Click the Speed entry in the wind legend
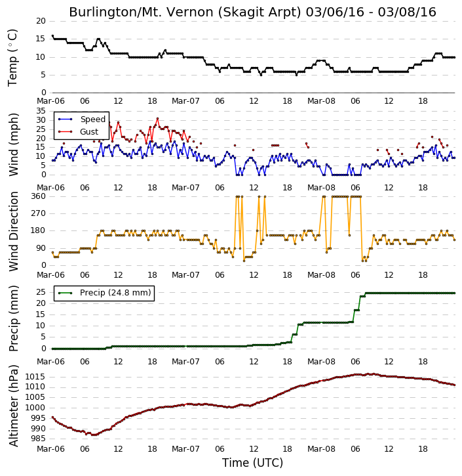[82, 119]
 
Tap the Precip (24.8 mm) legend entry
[104, 293]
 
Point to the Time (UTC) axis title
[252, 463]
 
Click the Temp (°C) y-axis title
[12, 58]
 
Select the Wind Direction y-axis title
[13, 231]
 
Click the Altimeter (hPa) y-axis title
[13, 406]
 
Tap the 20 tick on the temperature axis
[41, 21]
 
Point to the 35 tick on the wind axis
[41, 111]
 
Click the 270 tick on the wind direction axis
[39, 213]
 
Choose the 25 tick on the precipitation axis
[41, 292]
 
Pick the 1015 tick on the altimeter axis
[35, 377]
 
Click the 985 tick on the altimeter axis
[38, 439]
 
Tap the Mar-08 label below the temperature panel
[321, 101]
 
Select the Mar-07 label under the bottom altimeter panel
[185, 448]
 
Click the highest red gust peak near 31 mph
[157, 118]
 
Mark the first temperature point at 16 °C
[52, 35]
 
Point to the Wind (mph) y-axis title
[13, 144]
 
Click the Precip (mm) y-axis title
[13, 318]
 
